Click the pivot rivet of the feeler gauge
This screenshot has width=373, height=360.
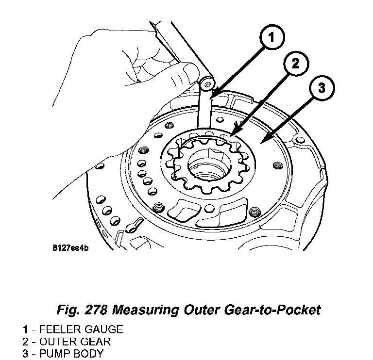[x=208, y=85]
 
